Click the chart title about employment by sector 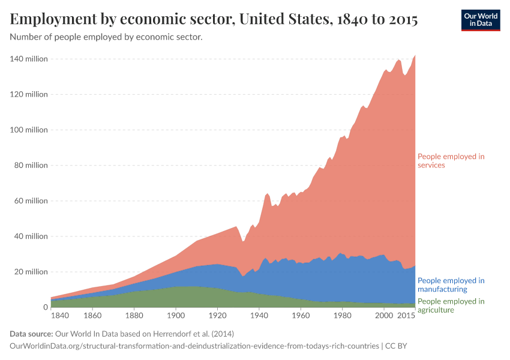tap(214, 19)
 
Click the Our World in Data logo tap(480, 20)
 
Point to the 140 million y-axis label tap(29, 59)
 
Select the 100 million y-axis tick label tap(29, 130)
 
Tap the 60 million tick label tap(31, 201)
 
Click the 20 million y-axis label tap(31, 272)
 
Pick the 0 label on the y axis tap(44, 307)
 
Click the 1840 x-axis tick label tap(61, 315)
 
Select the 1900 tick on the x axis tap(175, 315)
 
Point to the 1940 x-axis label tap(259, 315)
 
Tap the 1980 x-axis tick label tap(342, 315)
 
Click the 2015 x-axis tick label tap(406, 315)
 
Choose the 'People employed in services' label tap(451, 161)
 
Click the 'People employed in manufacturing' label tap(451, 284)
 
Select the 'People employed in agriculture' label tap(451, 305)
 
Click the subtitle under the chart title tap(106, 37)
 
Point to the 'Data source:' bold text tap(31, 334)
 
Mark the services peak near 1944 tap(268, 193)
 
